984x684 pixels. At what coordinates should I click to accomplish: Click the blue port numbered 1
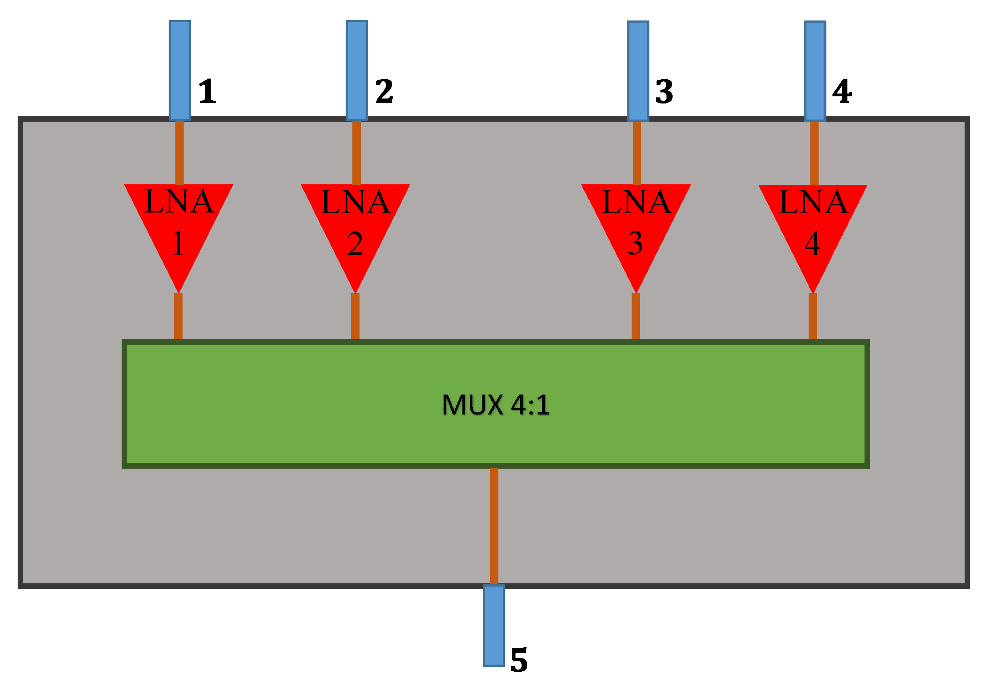pyautogui.click(x=180, y=70)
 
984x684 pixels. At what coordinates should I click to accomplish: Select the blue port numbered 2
pyautogui.click(x=357, y=70)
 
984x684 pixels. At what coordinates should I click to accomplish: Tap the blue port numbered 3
pyautogui.click(x=638, y=71)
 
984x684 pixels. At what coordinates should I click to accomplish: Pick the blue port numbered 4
pyautogui.click(x=815, y=71)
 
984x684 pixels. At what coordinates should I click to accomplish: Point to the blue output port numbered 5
pyautogui.click(x=493, y=625)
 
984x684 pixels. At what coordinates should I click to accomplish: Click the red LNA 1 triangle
pyautogui.click(x=178, y=227)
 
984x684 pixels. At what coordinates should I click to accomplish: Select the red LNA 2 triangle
pyautogui.click(x=355, y=227)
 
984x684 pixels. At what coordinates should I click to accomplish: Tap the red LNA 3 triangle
pyautogui.click(x=636, y=227)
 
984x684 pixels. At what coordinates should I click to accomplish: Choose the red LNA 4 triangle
pyautogui.click(x=813, y=227)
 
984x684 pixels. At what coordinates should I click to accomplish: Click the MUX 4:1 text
pyautogui.click(x=496, y=405)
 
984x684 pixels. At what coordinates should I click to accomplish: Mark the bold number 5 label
pyautogui.click(x=519, y=660)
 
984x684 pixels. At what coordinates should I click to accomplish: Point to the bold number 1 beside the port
pyautogui.click(x=207, y=91)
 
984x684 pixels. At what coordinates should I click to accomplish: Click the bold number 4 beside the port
pyautogui.click(x=842, y=91)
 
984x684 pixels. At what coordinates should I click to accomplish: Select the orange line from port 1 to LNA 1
pyautogui.click(x=179, y=152)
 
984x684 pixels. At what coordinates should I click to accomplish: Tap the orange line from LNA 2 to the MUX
pyautogui.click(x=355, y=317)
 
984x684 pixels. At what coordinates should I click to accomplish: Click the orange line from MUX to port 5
pyautogui.click(x=494, y=526)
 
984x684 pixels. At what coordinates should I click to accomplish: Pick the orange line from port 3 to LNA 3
pyautogui.click(x=637, y=152)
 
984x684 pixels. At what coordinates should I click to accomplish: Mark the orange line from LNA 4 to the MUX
pyautogui.click(x=813, y=317)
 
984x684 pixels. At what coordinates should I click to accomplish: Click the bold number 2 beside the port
pyautogui.click(x=384, y=91)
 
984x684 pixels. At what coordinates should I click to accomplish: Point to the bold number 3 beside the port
pyautogui.click(x=664, y=91)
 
